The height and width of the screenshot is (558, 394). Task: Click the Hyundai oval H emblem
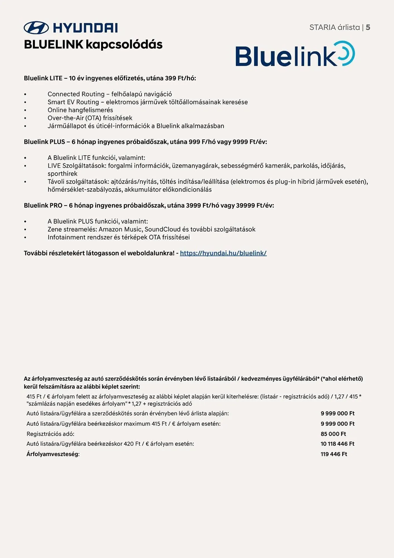tap(36, 28)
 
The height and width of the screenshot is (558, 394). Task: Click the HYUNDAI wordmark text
tap(85, 28)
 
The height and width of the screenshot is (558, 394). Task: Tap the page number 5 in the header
tap(368, 27)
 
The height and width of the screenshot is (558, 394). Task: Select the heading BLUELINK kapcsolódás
tap(93, 45)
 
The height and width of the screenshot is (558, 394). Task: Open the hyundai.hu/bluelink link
tap(223, 253)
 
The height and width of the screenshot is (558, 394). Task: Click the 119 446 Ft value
tap(334, 454)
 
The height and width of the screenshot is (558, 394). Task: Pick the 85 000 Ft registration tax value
tap(333, 434)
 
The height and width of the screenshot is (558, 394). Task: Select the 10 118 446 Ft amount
tap(337, 444)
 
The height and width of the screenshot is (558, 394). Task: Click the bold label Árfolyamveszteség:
tap(53, 454)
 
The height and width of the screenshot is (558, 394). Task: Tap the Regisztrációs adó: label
tap(50, 434)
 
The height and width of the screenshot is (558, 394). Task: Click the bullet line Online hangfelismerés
tap(80, 110)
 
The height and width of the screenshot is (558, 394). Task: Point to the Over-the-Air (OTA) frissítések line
tap(90, 118)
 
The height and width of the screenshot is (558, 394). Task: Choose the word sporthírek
tap(62, 174)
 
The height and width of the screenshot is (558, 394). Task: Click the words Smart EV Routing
tap(73, 102)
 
